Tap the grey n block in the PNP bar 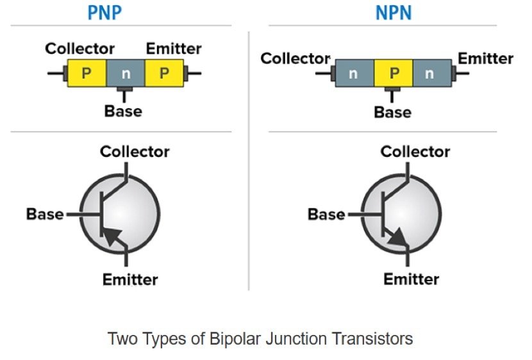click(126, 74)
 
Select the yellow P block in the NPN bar click(394, 74)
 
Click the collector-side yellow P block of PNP click(87, 74)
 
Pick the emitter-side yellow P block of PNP click(164, 74)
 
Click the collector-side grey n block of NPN click(354, 74)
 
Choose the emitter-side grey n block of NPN click(429, 74)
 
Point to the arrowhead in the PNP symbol click(112, 236)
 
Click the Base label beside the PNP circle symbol click(45, 214)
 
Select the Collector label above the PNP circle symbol click(135, 152)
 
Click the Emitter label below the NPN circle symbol click(411, 279)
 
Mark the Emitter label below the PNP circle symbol click(129, 279)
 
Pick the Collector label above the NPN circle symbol click(415, 152)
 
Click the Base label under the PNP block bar click(123, 111)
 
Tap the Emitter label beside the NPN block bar click(485, 59)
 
